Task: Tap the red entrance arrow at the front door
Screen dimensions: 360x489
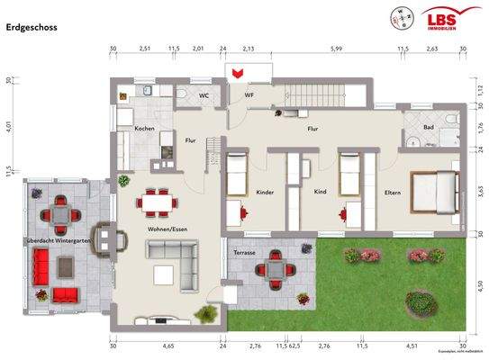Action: pos(238,72)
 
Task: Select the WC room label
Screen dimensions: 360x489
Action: pos(204,94)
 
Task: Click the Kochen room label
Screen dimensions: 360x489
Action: pos(144,130)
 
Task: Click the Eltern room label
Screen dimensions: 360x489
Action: pos(393,192)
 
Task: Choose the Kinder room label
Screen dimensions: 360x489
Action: pos(265,192)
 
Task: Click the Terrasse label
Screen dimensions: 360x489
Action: pos(243,253)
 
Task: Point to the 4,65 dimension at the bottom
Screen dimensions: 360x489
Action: pos(168,346)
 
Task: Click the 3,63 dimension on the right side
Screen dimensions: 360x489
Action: pos(481,191)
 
